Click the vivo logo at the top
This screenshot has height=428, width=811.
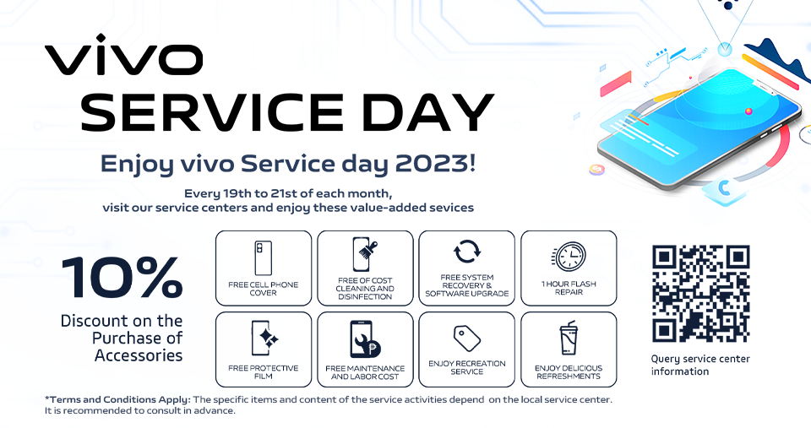click(123, 54)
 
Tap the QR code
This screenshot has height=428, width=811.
click(701, 294)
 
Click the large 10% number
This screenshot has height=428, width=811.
click(122, 278)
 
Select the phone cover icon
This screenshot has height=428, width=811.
click(264, 258)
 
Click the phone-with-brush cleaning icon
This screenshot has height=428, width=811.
click(365, 254)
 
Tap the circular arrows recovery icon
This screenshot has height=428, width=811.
click(467, 252)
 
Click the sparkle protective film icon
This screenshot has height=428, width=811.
click(264, 338)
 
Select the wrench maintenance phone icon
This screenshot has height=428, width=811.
click(365, 339)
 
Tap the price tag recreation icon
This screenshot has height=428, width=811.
click(467, 338)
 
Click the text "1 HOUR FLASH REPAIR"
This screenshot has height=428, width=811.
click(569, 288)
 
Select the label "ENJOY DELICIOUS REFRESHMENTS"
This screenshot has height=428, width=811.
click(569, 372)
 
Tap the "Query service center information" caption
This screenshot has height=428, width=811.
click(700, 365)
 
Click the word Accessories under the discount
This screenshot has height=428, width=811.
click(139, 355)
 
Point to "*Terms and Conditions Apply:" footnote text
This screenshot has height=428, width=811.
click(118, 399)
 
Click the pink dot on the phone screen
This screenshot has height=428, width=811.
click(748, 111)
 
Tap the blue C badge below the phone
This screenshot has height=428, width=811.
click(724, 188)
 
